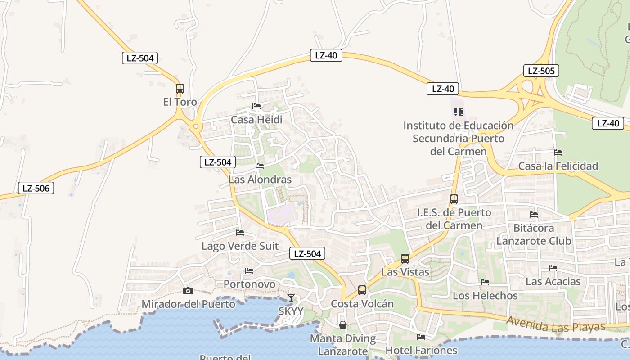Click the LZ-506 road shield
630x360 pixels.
pos(36,188)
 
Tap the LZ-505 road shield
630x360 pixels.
pos(541,71)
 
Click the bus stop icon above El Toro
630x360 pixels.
pos(180,88)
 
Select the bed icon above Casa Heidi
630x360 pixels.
pos(256,106)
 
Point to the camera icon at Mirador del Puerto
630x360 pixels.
pos(188,291)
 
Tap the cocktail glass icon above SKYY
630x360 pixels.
pos(291,297)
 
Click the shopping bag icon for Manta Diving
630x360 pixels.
pos(343,325)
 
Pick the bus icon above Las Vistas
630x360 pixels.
pos(405,259)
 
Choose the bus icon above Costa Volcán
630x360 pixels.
pos(362,290)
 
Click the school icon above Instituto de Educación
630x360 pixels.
pos(459,112)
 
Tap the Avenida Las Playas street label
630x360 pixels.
pos(556,324)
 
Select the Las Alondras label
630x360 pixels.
pos(260,180)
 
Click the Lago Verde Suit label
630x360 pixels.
pos(240,246)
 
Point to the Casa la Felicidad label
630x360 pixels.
pos(558,166)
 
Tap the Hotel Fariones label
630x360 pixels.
pos(421,350)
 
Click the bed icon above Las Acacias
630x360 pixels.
pos(553,268)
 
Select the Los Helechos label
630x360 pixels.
pos(485,296)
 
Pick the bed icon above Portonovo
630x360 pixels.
pos(249,271)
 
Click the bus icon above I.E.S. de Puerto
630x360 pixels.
pos(454,199)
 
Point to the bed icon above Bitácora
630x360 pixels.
pos(534,215)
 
